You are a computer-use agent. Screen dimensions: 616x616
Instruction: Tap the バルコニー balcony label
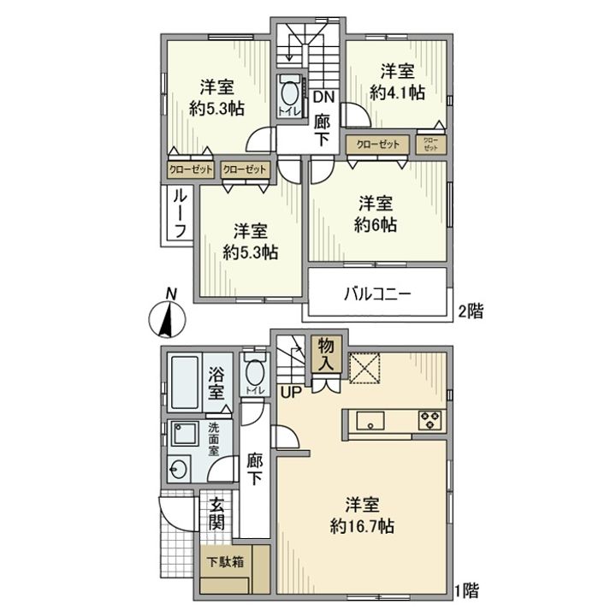tap(378, 293)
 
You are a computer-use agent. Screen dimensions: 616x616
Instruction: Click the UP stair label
tap(290, 391)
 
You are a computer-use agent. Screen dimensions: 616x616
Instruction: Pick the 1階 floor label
tap(467, 589)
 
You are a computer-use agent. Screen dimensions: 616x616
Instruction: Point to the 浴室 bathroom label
tap(218, 383)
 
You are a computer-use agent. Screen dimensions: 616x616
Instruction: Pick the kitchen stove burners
tap(429, 419)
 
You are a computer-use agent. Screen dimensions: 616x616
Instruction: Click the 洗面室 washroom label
tap(216, 437)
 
